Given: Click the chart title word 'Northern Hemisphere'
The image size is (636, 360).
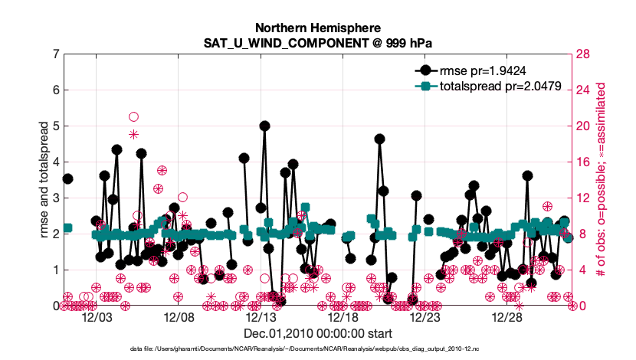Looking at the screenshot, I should pyautogui.click(x=319, y=27).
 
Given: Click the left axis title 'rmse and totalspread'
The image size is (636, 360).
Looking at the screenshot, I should pyautogui.click(x=44, y=180).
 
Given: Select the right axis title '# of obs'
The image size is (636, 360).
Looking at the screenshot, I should pyautogui.click(x=602, y=180).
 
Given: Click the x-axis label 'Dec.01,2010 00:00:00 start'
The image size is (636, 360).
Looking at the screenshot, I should pyautogui.click(x=319, y=334).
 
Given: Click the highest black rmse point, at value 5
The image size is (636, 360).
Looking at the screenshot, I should pyautogui.click(x=264, y=126).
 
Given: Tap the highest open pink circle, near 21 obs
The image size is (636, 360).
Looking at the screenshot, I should pyautogui.click(x=133, y=116).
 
